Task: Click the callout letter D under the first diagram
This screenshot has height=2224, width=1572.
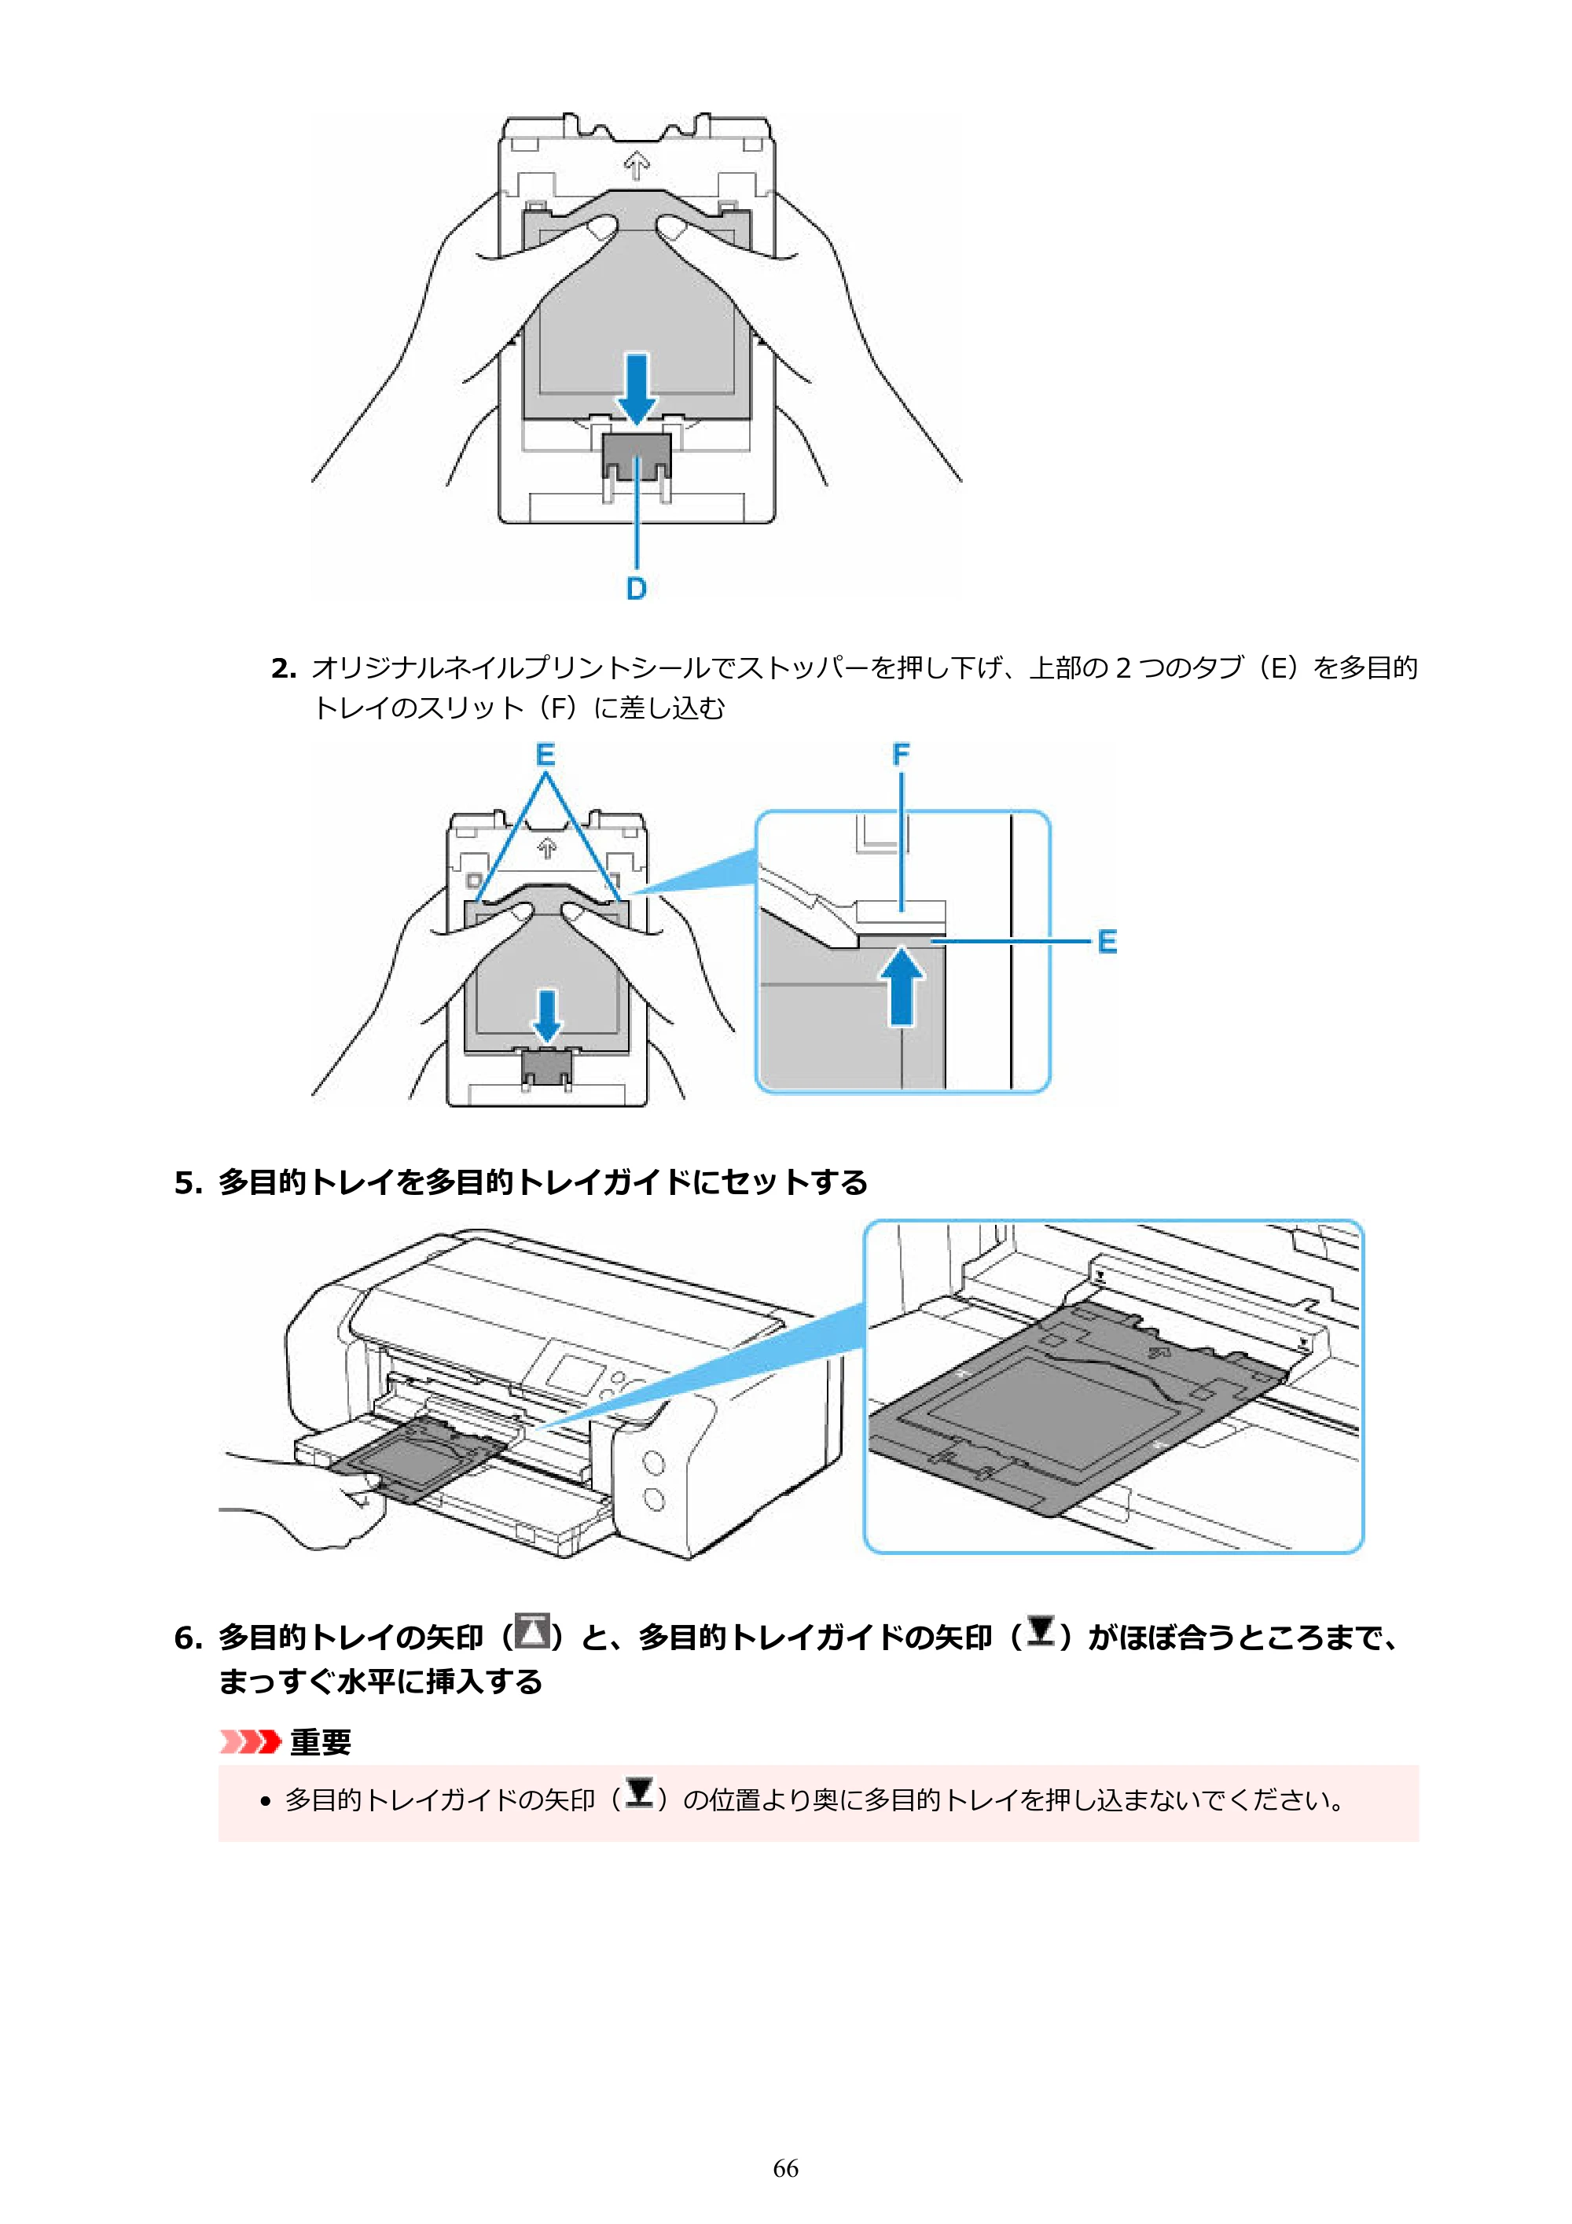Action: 637,588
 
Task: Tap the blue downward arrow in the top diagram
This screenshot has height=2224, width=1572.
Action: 637,388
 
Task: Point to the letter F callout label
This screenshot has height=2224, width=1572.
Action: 901,754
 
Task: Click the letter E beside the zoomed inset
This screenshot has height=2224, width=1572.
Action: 1107,942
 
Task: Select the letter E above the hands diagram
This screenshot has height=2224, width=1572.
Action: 545,754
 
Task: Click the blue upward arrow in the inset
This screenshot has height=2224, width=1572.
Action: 902,985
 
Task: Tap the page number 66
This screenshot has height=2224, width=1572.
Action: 785,2168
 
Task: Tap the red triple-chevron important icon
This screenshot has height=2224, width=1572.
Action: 250,1741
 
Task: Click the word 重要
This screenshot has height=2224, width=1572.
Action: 321,1741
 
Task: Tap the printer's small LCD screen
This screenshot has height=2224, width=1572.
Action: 574,1377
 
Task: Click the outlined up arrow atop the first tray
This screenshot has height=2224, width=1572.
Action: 637,166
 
